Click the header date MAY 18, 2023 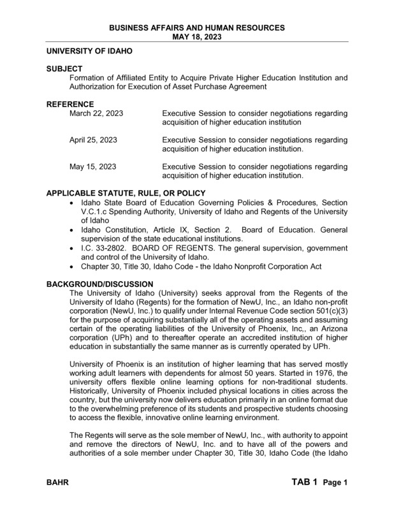coord(196,36)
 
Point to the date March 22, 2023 coord(96,113)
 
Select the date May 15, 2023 coord(92,167)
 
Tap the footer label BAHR coord(58,484)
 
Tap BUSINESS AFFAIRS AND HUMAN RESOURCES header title coord(196,27)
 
